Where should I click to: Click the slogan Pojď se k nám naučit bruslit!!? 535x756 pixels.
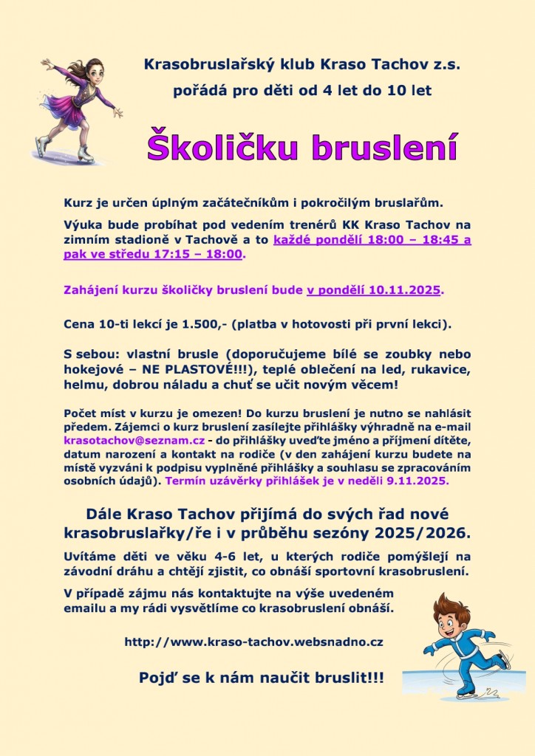(x=262, y=677)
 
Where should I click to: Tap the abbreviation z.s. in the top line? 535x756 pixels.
(x=443, y=65)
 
